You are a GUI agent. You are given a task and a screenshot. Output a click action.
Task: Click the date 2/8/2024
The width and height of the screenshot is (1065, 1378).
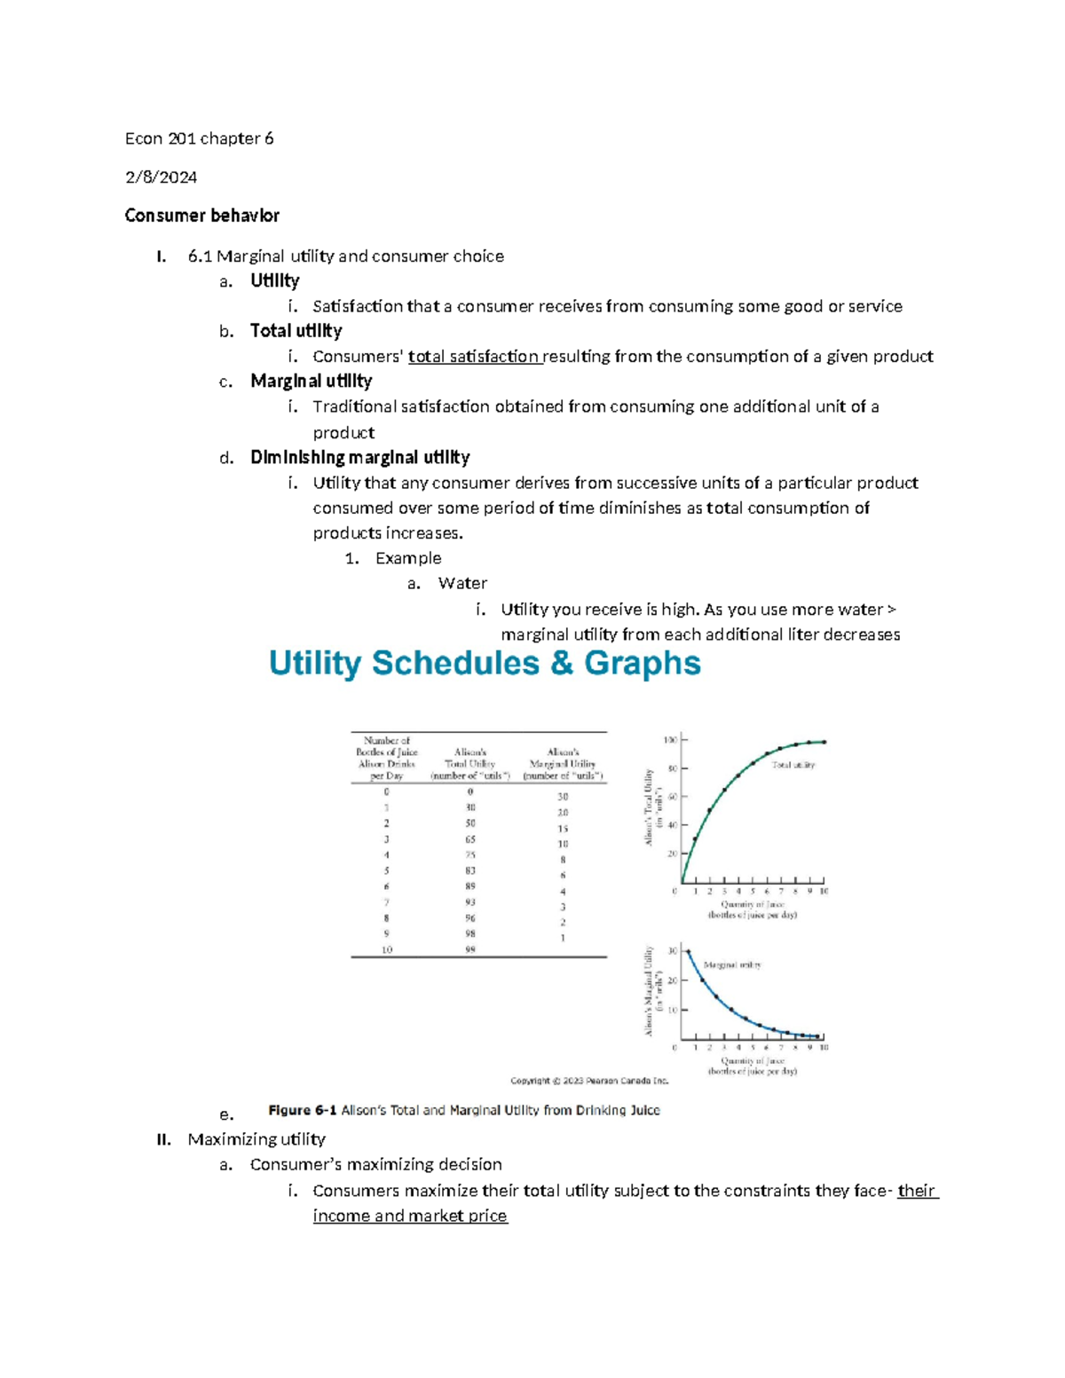(161, 177)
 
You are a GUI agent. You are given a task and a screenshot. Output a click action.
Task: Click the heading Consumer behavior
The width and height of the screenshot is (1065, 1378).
(201, 216)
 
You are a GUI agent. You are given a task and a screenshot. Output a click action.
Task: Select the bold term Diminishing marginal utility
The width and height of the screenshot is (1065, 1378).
(359, 458)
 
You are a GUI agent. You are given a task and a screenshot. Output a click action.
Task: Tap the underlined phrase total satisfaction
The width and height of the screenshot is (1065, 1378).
(474, 357)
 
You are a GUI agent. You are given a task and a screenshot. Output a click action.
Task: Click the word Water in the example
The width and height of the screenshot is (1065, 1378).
(462, 584)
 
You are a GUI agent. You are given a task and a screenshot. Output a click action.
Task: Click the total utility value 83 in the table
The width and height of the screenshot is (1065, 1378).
(469, 870)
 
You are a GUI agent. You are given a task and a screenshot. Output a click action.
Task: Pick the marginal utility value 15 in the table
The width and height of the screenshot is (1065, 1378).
(563, 829)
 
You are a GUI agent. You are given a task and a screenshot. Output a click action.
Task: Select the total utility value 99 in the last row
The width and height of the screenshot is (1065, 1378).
(469, 949)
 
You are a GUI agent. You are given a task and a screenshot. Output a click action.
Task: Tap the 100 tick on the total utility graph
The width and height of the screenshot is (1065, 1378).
(670, 740)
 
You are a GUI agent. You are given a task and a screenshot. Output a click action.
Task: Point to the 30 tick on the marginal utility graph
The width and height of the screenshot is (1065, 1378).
(672, 951)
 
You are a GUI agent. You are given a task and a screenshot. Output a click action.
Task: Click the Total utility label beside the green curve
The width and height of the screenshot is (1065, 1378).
(793, 765)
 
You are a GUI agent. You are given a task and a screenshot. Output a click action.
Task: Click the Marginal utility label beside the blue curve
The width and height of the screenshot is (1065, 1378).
(731, 965)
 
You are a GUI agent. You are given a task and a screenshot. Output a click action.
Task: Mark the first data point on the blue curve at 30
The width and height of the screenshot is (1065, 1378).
(689, 951)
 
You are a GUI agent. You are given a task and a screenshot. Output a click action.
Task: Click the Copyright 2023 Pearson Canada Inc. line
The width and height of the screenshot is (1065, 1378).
(589, 1081)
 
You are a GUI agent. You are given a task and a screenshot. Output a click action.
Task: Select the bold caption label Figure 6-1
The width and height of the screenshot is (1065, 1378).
(302, 1110)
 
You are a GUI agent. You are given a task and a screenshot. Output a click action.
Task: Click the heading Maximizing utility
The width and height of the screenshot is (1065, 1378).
(256, 1139)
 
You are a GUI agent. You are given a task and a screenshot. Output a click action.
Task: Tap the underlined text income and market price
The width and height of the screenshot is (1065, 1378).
(410, 1217)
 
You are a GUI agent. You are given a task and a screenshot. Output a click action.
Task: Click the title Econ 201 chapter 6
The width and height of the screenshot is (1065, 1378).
(199, 138)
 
